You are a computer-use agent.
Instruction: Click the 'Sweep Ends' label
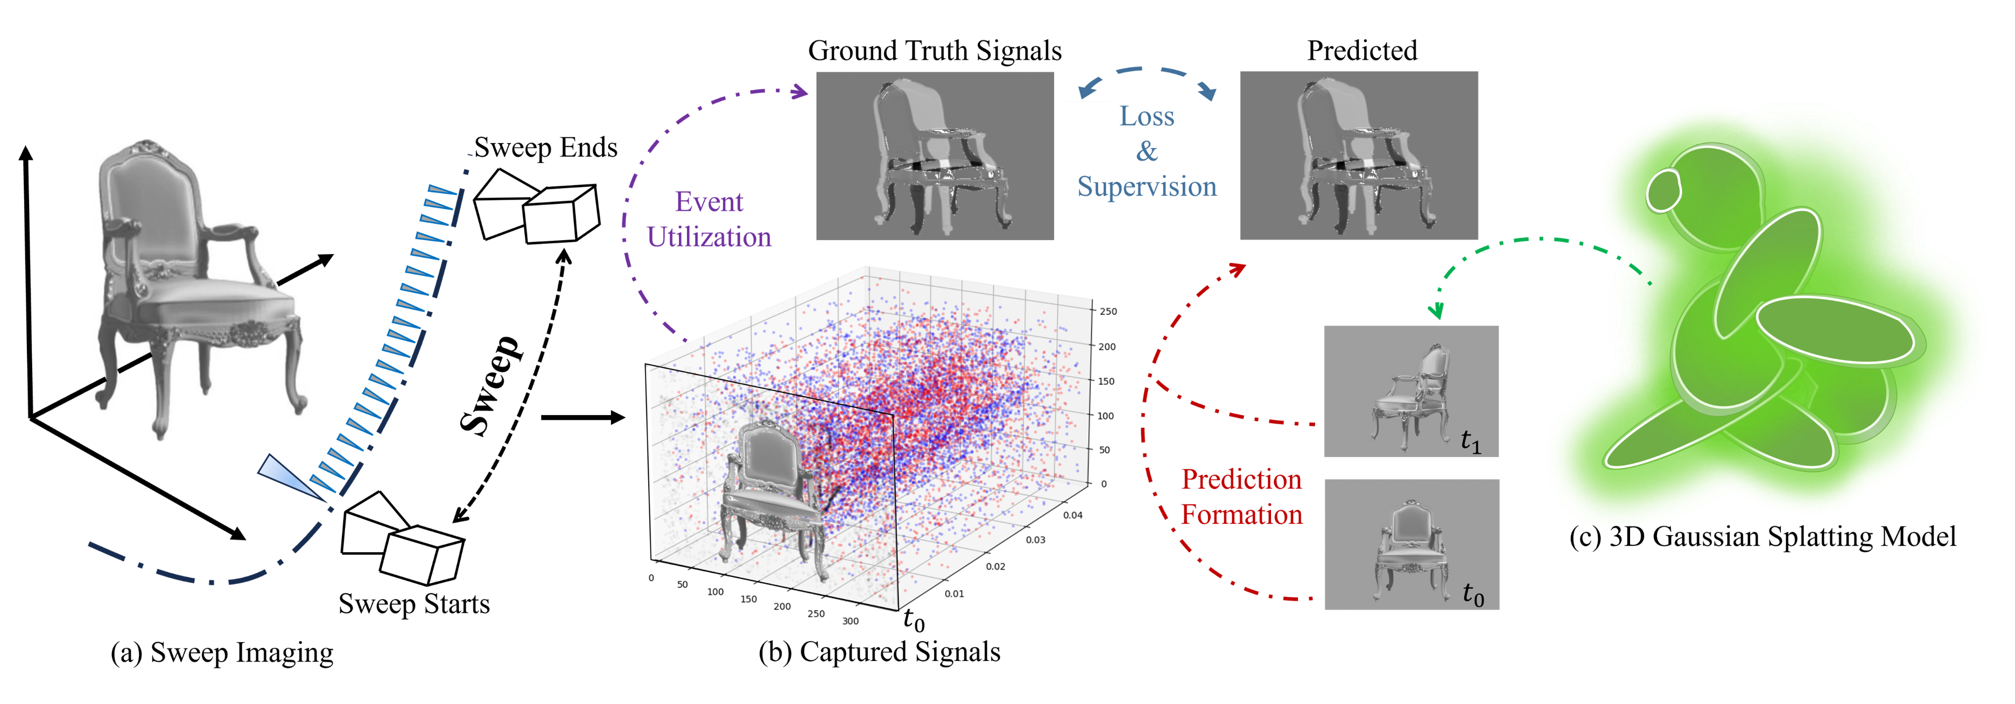point(545,147)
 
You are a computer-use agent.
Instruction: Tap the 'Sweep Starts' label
point(414,604)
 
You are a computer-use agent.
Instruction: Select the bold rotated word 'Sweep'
point(490,385)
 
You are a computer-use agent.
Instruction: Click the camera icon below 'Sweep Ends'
point(537,207)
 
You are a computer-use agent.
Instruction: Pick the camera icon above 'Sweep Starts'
point(402,538)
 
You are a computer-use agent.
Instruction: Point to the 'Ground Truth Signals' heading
point(934,51)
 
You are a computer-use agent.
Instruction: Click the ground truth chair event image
point(935,156)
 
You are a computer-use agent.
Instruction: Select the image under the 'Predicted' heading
point(1359,156)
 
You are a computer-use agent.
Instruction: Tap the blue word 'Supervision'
point(1147,187)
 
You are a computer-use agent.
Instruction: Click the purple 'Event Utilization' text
point(708,219)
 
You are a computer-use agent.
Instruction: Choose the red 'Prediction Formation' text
point(1241,497)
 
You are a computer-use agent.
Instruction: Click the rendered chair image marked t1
point(1410,391)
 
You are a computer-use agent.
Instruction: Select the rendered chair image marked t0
point(1411,545)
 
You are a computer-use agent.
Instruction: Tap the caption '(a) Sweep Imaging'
point(222,652)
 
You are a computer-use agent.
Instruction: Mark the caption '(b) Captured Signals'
point(879,652)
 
